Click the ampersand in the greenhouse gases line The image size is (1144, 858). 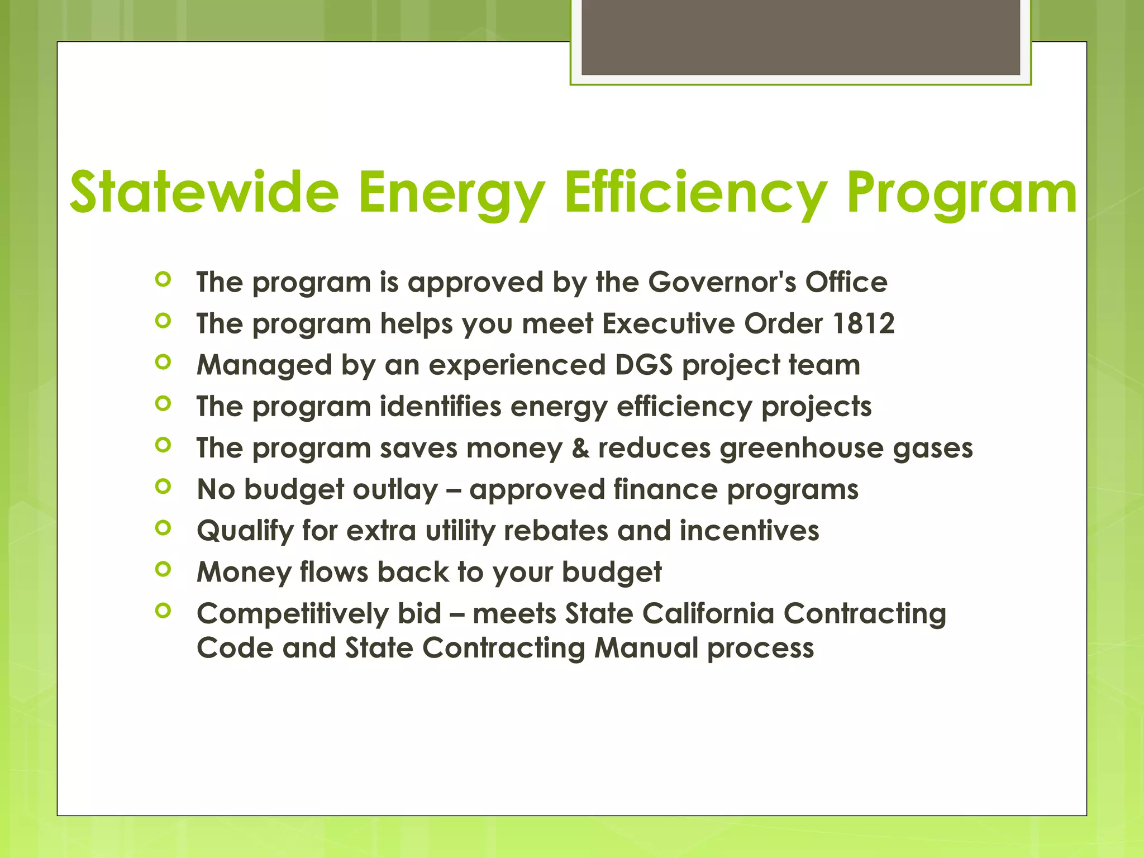[x=580, y=448]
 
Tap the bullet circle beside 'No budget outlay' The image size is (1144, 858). [x=163, y=487]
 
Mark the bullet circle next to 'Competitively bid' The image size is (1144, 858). [x=163, y=611]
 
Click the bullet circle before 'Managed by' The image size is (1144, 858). [x=163, y=363]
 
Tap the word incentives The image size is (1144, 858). [x=749, y=531]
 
